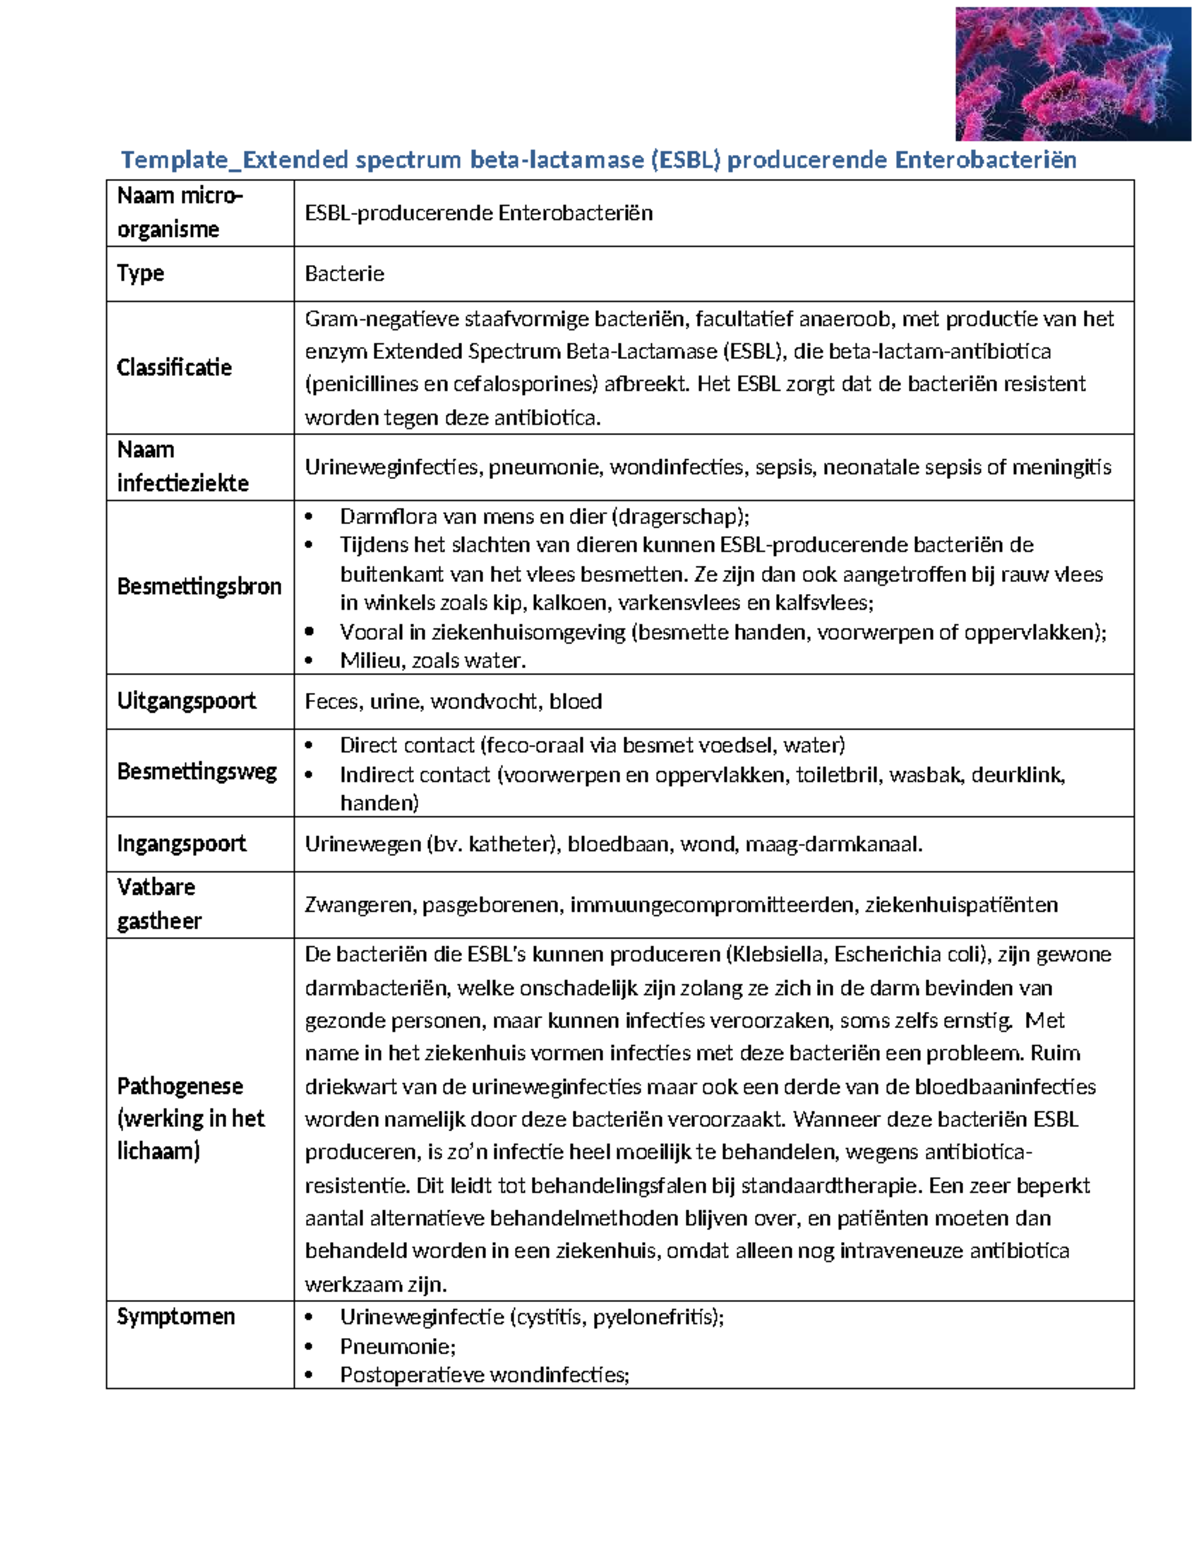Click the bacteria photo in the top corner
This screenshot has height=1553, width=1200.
coord(1066,73)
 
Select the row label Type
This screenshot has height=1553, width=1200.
coord(140,273)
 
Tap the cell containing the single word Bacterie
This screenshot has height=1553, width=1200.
coord(344,274)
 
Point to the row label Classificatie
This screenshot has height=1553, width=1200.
coord(174,367)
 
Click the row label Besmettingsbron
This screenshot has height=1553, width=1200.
coord(199,586)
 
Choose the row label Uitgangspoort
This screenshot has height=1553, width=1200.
coord(186,701)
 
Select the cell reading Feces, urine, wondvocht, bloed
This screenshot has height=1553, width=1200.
coord(453,702)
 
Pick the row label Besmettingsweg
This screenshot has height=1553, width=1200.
coord(197,771)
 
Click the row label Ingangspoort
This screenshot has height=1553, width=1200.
coord(181,843)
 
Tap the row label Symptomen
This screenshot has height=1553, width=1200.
coord(176,1316)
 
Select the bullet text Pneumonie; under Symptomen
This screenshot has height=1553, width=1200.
coord(397,1346)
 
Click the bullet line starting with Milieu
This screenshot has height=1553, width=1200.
coord(432,660)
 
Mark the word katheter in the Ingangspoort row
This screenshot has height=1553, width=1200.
coord(510,844)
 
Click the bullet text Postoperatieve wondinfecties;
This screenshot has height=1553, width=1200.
coord(484,1375)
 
